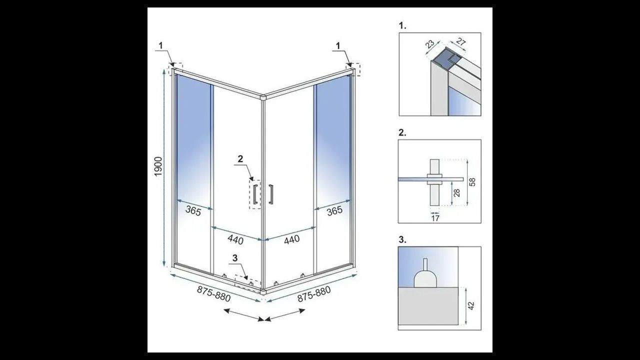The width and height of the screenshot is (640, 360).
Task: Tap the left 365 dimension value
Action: pos(193,211)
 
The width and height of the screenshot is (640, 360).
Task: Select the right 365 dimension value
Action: pos(334,210)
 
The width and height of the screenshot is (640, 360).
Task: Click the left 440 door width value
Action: pos(235,239)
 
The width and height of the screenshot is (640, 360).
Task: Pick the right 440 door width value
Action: pos(291,239)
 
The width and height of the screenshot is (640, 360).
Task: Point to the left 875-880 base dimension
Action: pos(213,294)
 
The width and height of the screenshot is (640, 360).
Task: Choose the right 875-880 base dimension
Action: pos(314,293)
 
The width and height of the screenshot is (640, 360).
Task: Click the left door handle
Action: pos(255,194)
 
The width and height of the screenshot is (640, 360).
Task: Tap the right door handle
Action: pos(271,194)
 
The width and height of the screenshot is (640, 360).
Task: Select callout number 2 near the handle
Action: pos(240,159)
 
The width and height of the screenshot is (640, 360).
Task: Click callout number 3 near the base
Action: pos(235,258)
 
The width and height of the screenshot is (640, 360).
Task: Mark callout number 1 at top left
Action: pos(161,45)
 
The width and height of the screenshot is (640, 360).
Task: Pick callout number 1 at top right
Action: pos(338,45)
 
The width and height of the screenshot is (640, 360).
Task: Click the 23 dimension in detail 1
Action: pos(429,44)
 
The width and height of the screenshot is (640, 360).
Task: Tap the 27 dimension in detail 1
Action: pos(461,42)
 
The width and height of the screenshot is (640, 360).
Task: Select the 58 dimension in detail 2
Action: pos(472,182)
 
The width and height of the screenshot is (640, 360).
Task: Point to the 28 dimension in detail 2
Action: pos(457,192)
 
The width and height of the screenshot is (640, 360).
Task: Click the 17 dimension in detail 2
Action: pos(435,218)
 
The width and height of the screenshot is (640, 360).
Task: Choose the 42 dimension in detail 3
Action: pos(471,306)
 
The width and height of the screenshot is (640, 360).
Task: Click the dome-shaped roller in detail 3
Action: pos(425,279)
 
